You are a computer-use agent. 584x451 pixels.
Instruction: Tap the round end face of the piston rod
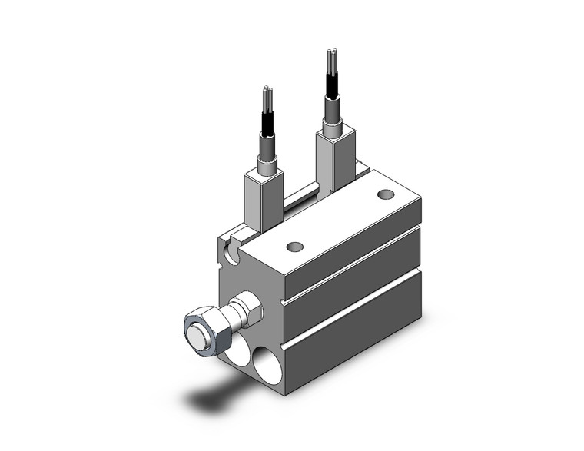(x=199, y=337)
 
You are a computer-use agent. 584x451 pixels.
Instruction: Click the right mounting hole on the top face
(x=386, y=195)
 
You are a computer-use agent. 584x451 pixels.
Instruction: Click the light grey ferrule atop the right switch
(x=333, y=115)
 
